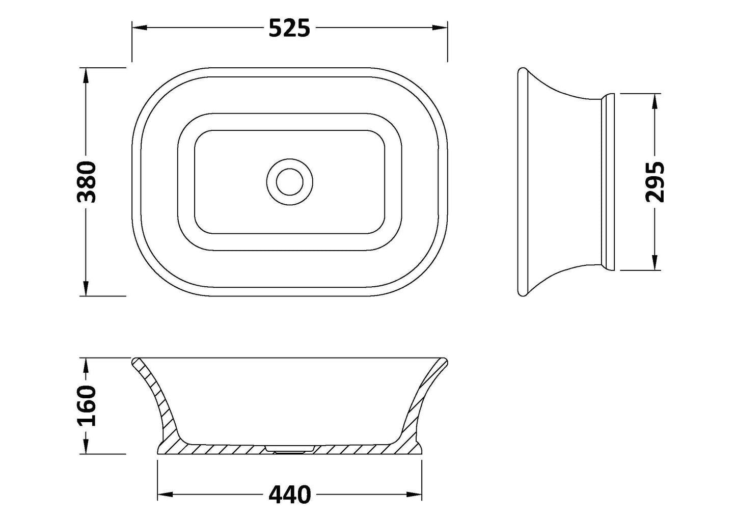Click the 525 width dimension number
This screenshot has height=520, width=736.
tap(289, 29)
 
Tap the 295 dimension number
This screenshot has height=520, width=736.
tap(655, 182)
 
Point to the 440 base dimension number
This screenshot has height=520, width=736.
tap(289, 494)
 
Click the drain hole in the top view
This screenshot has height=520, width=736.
tap(289, 181)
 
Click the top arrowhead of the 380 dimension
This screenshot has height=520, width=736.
tap(86, 74)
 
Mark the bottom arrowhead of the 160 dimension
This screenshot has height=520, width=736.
tap(86, 447)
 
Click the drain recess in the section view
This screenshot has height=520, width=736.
tap(289, 448)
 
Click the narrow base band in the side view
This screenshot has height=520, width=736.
tap(609, 182)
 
